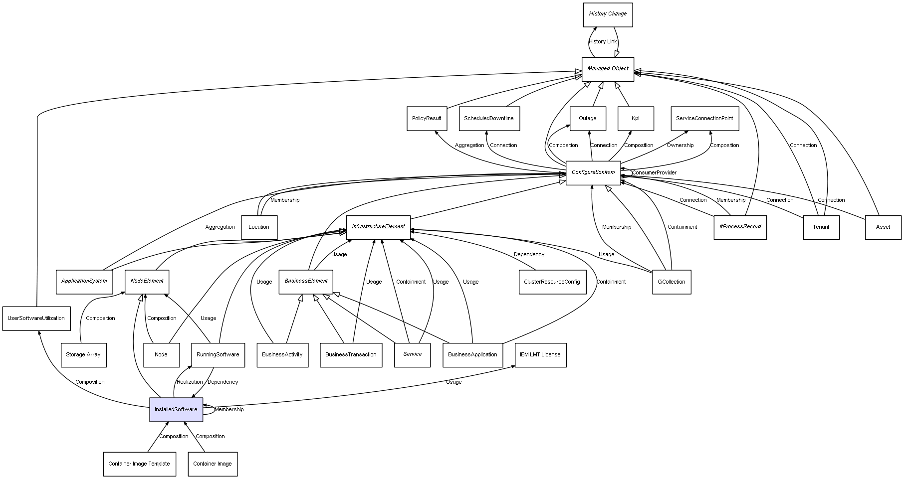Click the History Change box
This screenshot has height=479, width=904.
click(608, 14)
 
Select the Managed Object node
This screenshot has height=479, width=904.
click(608, 69)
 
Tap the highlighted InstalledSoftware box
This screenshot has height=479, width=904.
click(176, 410)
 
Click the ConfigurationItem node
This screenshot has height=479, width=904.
click(593, 172)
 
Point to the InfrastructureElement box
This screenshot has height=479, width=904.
click(378, 227)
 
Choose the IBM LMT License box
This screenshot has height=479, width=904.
click(540, 355)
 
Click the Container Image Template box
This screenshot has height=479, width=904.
click(139, 464)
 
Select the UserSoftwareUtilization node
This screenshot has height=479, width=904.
click(36, 319)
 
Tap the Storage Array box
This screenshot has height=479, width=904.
click(83, 355)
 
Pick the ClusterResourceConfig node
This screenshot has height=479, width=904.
click(552, 282)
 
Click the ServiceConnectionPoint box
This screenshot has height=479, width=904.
click(704, 119)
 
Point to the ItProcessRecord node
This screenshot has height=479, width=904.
click(740, 227)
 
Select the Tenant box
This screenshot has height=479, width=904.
click(821, 227)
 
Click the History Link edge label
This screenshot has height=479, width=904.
click(603, 42)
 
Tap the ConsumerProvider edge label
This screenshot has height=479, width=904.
click(654, 173)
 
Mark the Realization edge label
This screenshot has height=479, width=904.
click(190, 382)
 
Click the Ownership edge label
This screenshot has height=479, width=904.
click(680, 146)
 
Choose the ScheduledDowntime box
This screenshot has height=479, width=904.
click(489, 119)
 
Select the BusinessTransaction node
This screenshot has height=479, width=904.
click(351, 355)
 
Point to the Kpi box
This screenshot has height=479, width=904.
click(636, 119)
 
